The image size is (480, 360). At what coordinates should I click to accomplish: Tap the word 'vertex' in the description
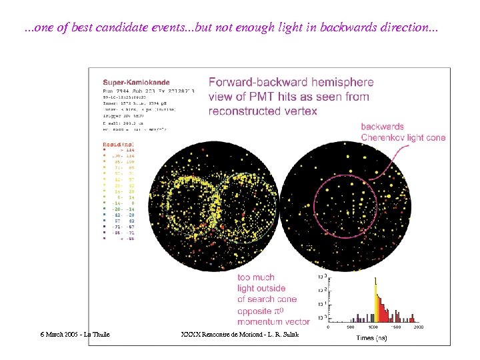pyautogui.click(x=299, y=111)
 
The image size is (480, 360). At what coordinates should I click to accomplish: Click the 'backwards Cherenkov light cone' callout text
pyautogui.click(x=403, y=133)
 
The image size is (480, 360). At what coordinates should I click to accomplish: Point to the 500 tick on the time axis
pyautogui.click(x=350, y=327)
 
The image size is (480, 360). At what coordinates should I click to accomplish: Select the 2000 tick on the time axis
pyautogui.click(x=418, y=327)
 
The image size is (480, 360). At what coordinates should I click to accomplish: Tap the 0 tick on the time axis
pyautogui.click(x=327, y=327)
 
